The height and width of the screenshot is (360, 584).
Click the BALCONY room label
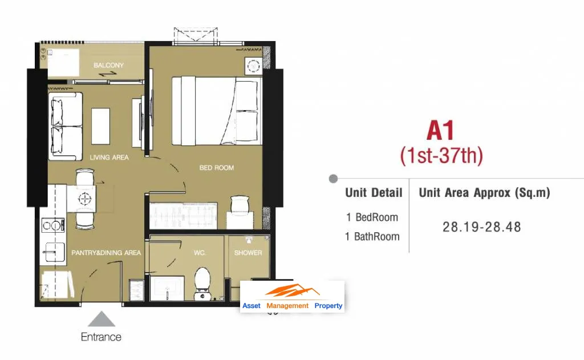(x=108, y=65)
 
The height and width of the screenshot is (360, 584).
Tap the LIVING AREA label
(x=109, y=157)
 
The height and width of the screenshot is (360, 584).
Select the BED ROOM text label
(x=216, y=168)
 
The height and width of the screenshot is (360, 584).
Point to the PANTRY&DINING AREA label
(x=106, y=253)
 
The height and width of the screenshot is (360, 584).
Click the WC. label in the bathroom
(x=200, y=253)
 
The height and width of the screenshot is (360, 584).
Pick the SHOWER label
(x=248, y=253)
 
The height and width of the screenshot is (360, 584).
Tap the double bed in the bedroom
(x=217, y=111)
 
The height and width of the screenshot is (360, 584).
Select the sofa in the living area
(x=65, y=126)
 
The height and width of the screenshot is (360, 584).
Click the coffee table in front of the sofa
(x=100, y=126)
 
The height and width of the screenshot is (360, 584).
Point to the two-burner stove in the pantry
(x=52, y=225)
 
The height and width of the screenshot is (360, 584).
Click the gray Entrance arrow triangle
(x=102, y=319)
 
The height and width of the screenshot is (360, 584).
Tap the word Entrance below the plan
(x=101, y=337)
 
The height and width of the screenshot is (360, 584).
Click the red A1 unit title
(x=441, y=131)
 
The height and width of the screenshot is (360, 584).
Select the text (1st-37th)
(x=441, y=155)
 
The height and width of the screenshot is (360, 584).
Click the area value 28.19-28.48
(x=481, y=227)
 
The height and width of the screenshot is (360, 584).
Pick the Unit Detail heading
(x=374, y=193)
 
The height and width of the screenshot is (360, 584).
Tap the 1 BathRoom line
(x=372, y=237)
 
